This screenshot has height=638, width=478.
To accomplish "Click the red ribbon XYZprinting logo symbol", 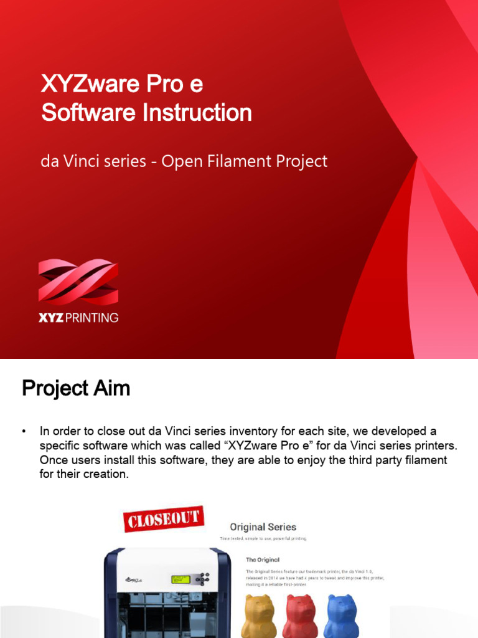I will (x=78, y=282).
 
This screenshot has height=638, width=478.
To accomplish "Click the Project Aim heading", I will (x=76, y=388).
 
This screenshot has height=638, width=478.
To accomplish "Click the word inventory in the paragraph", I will (x=256, y=431).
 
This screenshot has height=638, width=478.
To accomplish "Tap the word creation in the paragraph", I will (x=106, y=474).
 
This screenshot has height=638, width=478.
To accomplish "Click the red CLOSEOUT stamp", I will (x=164, y=518).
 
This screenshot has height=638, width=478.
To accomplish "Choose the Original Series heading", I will (x=263, y=527).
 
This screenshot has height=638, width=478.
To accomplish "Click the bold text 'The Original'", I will (x=263, y=559).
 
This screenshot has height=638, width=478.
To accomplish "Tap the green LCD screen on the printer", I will (x=180, y=579).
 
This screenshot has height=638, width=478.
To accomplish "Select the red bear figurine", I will (x=301, y=616).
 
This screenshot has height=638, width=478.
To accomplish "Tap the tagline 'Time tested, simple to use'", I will (x=263, y=538).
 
